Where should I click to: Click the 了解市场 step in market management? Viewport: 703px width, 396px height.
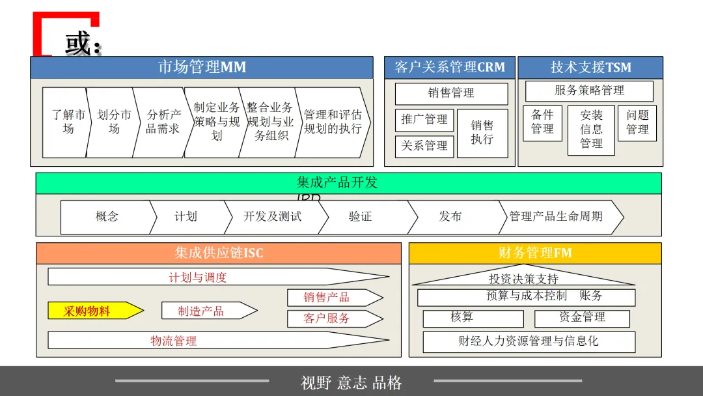(68, 122)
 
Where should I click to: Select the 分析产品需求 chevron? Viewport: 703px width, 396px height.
(162, 122)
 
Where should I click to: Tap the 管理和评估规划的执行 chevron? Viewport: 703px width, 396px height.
(332, 122)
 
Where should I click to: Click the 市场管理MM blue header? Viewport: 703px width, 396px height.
(202, 67)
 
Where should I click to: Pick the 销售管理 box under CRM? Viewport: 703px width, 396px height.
(451, 93)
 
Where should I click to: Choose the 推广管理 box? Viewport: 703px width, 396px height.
(424, 119)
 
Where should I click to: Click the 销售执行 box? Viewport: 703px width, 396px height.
(482, 132)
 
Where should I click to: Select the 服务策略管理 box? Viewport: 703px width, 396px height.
(589, 91)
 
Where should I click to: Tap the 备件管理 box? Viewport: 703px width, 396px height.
(542, 122)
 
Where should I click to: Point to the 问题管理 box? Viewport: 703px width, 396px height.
(637, 122)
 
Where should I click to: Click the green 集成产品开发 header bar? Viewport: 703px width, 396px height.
(348, 183)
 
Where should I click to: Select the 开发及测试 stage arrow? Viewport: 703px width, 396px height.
(273, 217)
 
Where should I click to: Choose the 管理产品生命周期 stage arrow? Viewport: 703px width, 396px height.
(556, 217)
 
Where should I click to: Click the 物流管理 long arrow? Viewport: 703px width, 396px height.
(195, 341)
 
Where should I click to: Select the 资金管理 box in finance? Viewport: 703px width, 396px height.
(582, 318)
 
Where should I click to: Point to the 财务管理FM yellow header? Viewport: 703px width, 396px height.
(535, 253)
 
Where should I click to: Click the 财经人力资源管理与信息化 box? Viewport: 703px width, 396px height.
(529, 341)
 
